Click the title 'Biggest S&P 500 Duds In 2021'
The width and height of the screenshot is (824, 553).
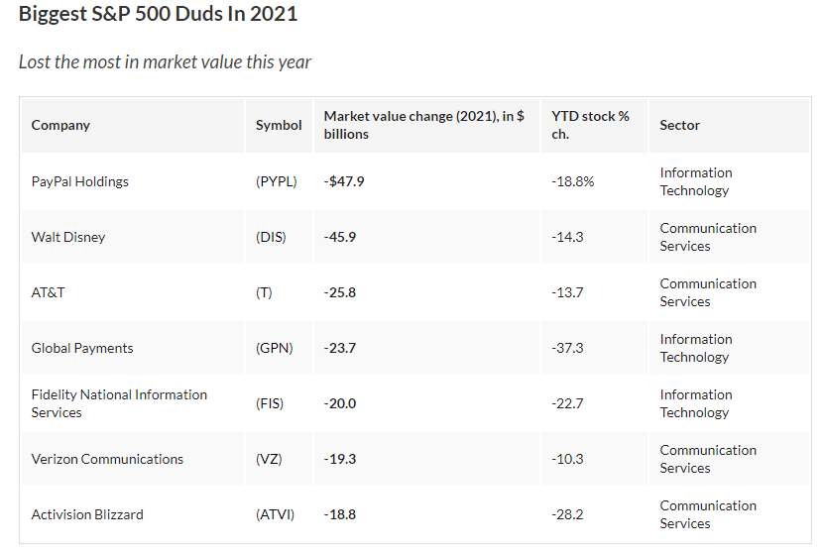pyautogui.click(x=158, y=15)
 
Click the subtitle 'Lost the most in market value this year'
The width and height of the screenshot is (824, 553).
pyautogui.click(x=165, y=61)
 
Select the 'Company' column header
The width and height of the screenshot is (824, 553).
pyautogui.click(x=60, y=125)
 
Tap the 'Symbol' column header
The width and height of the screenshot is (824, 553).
pyautogui.click(x=279, y=125)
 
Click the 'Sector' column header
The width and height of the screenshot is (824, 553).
pyautogui.click(x=679, y=125)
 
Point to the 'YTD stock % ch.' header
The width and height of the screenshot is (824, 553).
pyautogui.click(x=590, y=125)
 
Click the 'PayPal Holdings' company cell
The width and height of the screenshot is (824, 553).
pyautogui.click(x=80, y=181)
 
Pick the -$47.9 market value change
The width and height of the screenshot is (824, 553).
pyautogui.click(x=344, y=181)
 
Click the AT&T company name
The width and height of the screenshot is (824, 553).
pyautogui.click(x=49, y=292)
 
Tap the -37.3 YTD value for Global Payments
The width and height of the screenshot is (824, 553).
pyautogui.click(x=567, y=348)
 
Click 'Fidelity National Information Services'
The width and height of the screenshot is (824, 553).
pyautogui.click(x=119, y=403)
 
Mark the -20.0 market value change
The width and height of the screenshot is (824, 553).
pyautogui.click(x=340, y=403)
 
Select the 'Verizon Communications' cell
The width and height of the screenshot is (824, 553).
pyautogui.click(x=107, y=459)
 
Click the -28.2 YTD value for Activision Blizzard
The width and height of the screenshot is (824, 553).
pyautogui.click(x=567, y=514)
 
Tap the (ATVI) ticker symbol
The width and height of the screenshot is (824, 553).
pyautogui.click(x=275, y=514)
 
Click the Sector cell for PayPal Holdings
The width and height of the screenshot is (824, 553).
pyautogui.click(x=695, y=181)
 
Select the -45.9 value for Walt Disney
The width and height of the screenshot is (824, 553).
pyautogui.click(x=340, y=237)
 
